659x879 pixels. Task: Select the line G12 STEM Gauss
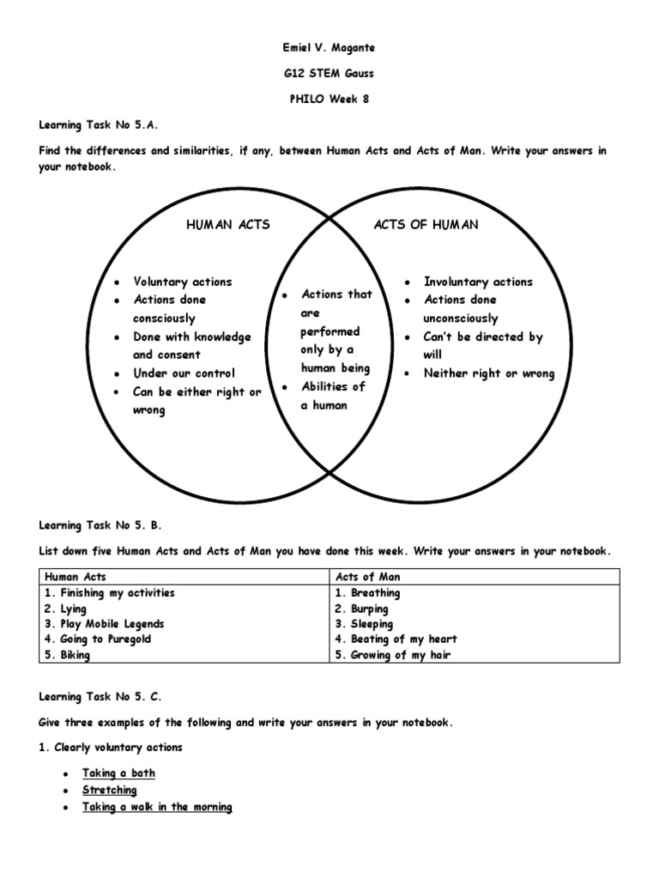(329, 74)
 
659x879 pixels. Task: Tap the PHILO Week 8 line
(329, 99)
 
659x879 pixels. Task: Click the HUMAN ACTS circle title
(227, 225)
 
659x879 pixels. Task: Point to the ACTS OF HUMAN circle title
(426, 225)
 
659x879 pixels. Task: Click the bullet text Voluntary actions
(182, 282)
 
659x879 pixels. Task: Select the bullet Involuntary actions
(478, 282)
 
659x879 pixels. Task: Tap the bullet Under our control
(184, 373)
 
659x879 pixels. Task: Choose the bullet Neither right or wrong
(489, 373)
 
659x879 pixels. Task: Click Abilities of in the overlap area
(333, 386)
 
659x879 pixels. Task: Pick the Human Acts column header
(75, 577)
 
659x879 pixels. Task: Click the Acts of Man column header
(367, 577)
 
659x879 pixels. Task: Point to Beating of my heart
(396, 640)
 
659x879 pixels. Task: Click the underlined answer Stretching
(110, 790)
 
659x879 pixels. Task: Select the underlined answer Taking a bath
(118, 773)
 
